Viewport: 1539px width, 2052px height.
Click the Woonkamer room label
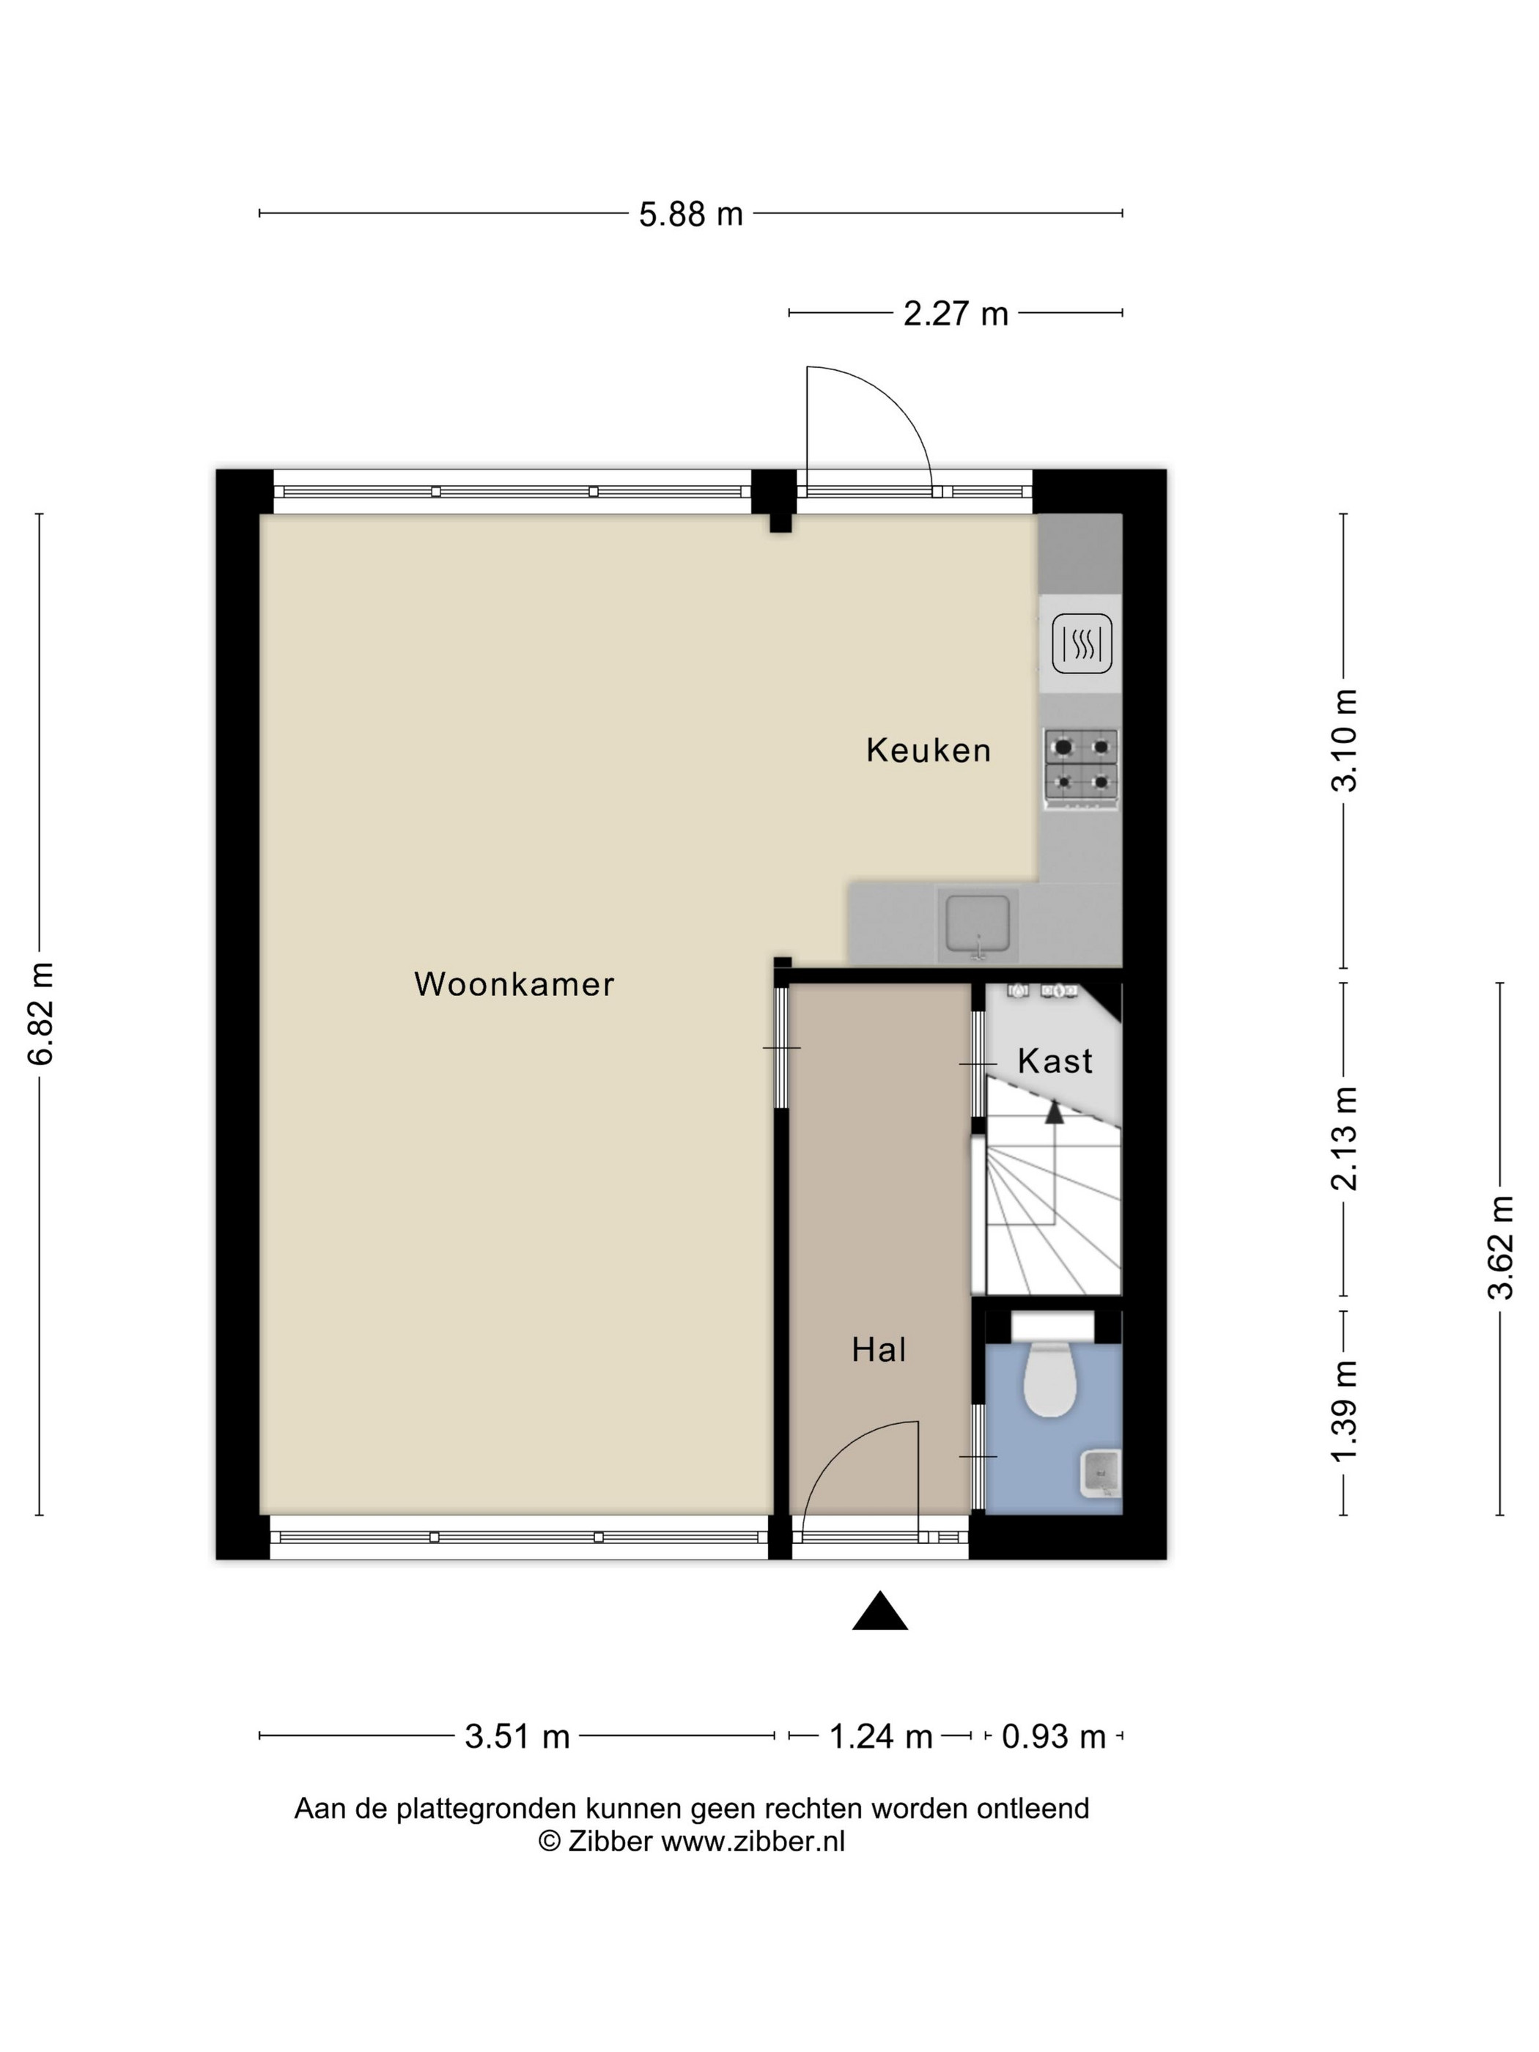coord(514,984)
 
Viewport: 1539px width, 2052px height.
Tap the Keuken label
coord(929,750)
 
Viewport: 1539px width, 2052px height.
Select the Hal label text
coord(879,1350)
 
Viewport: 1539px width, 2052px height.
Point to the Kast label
coord(1055,1060)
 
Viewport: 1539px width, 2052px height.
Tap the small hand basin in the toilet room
coord(1101,1473)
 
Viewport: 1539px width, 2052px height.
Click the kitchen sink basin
coord(978,925)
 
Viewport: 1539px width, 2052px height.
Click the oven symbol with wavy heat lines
coord(1082,643)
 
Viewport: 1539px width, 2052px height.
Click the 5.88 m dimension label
coord(691,214)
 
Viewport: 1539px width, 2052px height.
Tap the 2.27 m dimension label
coord(956,314)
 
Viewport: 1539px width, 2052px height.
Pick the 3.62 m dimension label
coord(1500,1248)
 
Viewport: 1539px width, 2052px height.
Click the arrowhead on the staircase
coord(1055,1110)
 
